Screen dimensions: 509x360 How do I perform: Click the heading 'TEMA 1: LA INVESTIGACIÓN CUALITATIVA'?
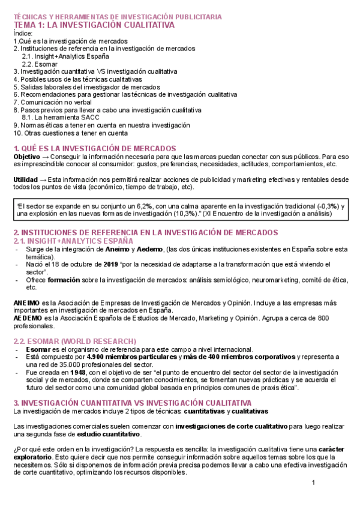point(94,26)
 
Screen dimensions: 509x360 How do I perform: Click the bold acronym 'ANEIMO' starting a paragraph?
point(26,303)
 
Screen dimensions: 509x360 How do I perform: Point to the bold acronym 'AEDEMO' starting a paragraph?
point(26,318)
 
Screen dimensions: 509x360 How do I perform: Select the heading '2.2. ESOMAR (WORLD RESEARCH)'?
point(74,341)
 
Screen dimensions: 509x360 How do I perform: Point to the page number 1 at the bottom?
point(313,484)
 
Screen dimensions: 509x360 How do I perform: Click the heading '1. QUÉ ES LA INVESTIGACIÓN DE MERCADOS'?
point(94,148)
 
